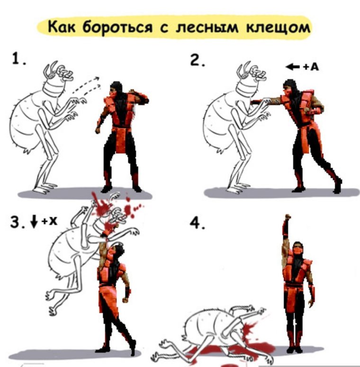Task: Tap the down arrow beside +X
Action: click(33, 221)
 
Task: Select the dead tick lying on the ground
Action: click(208, 332)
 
